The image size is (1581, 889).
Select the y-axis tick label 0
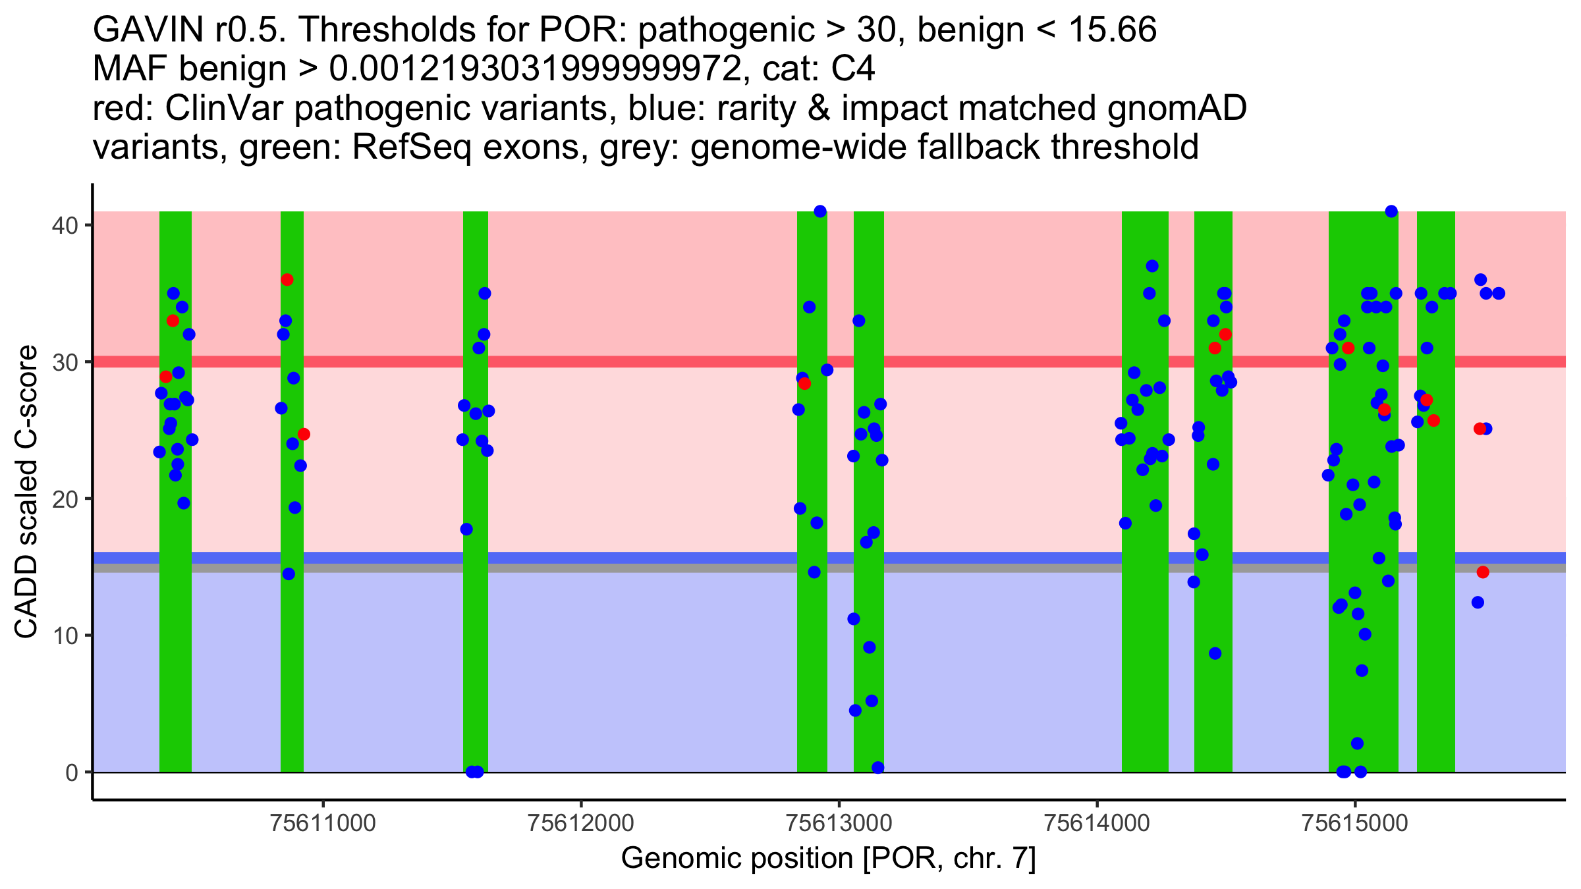pos(71,772)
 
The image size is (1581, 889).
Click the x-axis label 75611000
pos(323,823)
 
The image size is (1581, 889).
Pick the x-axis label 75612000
pos(581,823)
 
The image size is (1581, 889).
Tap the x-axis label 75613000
pos(839,823)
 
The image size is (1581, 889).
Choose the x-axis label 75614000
pos(1097,823)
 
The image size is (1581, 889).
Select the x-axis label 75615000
pos(1354,823)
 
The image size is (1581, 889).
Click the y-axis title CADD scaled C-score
pos(26,493)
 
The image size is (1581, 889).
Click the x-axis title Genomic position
pos(828,858)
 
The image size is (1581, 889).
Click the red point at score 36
pos(287,280)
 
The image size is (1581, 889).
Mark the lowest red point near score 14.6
pos(1483,572)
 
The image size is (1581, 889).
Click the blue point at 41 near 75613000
pos(820,211)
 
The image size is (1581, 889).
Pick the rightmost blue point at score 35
pos(1499,293)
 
